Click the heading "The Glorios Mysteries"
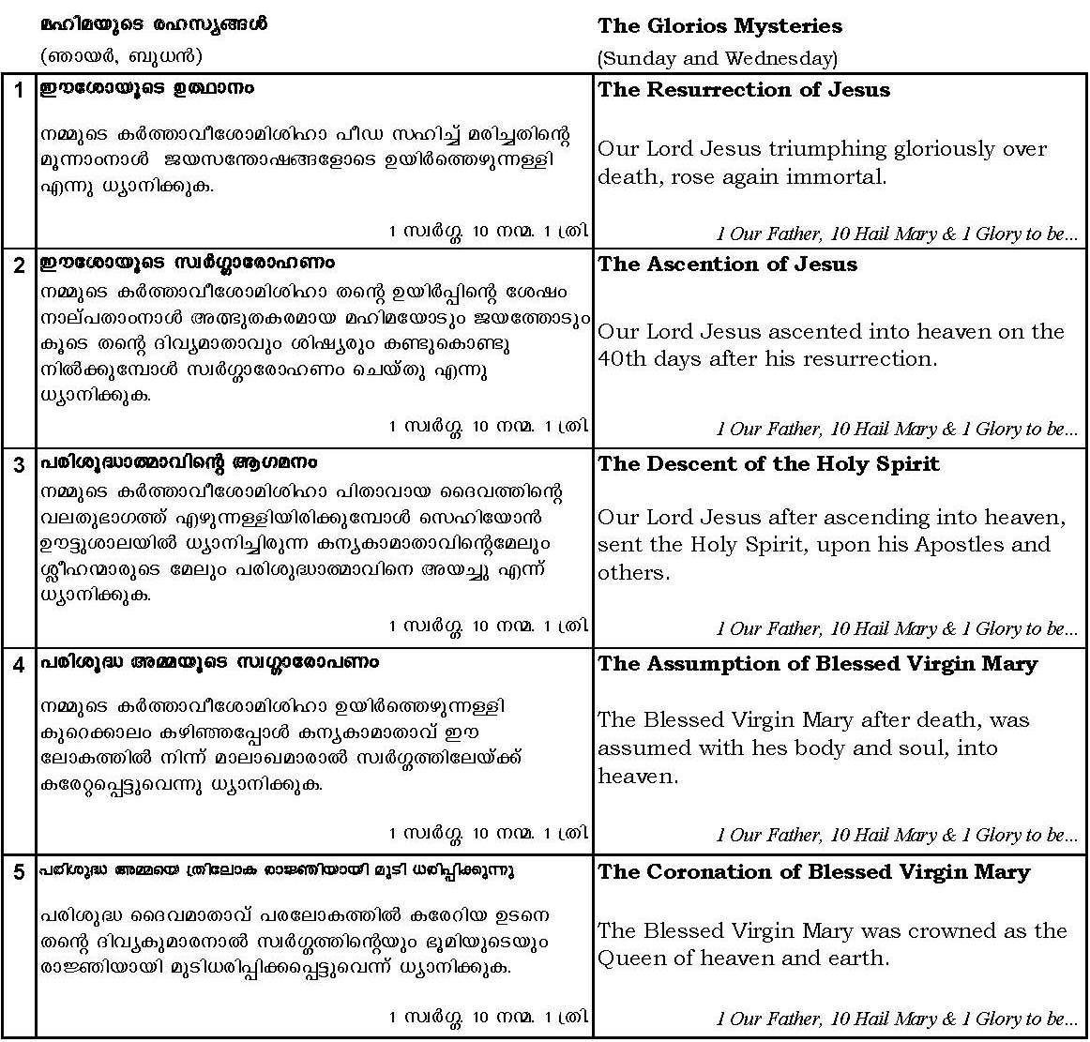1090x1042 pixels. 719,26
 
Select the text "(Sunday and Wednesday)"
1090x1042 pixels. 718,58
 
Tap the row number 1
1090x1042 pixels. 19,91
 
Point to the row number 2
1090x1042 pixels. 19,265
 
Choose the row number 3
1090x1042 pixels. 19,465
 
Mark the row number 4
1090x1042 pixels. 19,665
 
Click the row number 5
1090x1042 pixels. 19,873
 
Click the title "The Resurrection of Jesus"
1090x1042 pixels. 744,90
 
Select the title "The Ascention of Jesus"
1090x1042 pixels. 727,264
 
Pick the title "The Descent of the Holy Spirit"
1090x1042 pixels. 768,464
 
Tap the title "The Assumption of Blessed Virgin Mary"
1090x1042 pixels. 817,664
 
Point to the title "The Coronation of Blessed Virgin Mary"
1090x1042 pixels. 813,872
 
